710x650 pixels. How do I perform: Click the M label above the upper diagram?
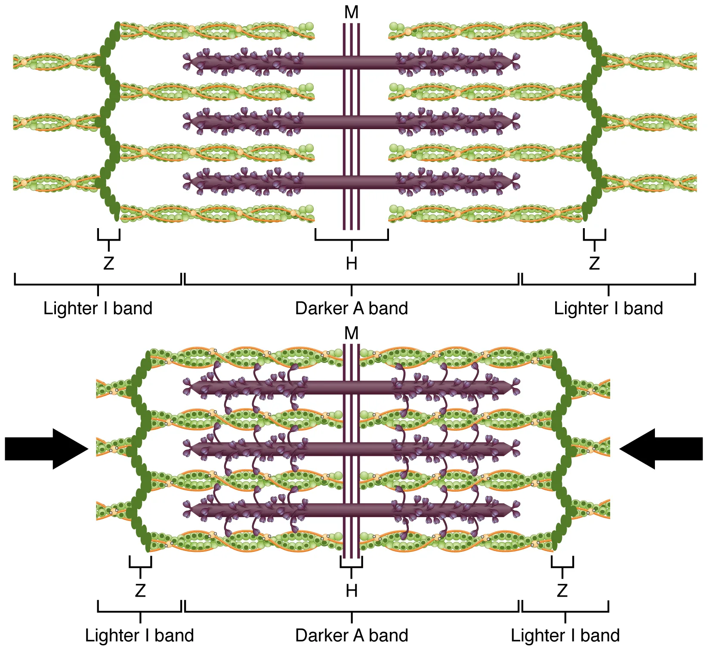(351, 12)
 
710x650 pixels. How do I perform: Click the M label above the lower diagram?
(351, 333)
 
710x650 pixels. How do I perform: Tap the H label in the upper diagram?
(351, 263)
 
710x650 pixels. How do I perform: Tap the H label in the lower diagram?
(351, 591)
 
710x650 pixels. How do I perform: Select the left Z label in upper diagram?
(108, 263)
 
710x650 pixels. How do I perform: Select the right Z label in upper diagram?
(594, 263)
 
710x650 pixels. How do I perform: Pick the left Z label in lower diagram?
(140, 591)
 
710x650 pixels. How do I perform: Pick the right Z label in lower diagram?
(562, 591)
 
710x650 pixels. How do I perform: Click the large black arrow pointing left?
(663, 449)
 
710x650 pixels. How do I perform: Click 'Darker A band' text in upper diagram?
(351, 309)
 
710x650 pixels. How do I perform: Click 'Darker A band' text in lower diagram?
(351, 635)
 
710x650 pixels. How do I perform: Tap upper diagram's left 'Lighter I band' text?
(98, 309)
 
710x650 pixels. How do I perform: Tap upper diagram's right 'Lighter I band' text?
(608, 309)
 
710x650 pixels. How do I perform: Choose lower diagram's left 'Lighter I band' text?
(139, 635)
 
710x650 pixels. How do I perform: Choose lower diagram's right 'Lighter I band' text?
(565, 635)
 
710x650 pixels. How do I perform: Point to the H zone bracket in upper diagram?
(351, 239)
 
